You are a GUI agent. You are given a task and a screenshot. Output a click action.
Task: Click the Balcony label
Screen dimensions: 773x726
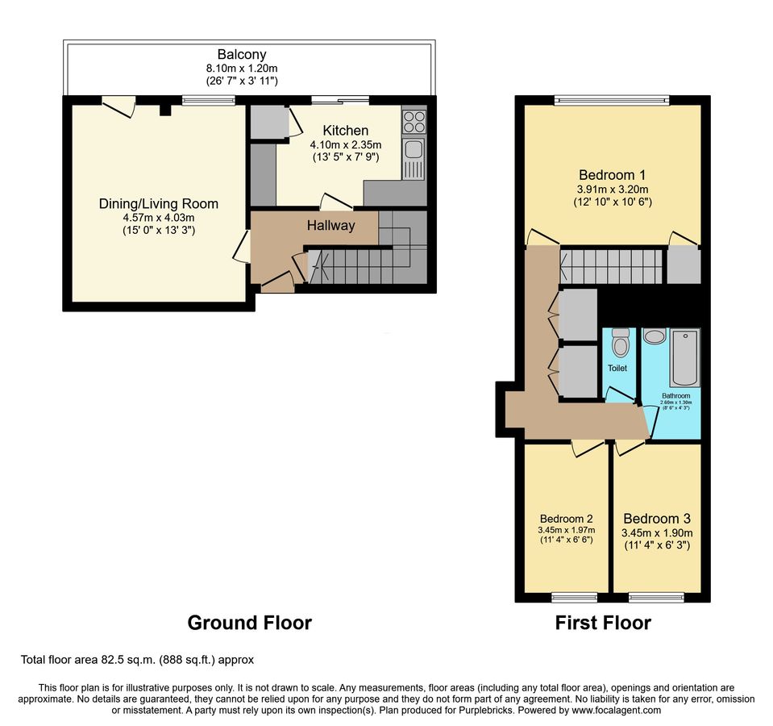coord(242,54)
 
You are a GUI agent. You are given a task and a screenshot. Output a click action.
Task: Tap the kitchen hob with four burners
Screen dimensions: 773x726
coord(414,121)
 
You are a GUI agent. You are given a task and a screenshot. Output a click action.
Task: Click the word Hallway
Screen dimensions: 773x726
coord(330,225)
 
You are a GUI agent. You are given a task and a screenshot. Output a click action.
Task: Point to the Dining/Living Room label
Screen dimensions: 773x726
coord(159,204)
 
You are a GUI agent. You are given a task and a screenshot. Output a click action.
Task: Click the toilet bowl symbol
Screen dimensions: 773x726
coord(620,343)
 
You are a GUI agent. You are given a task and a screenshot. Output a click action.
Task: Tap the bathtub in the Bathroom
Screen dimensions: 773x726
coord(685,357)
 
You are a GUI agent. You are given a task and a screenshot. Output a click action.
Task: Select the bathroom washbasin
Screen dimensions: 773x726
coord(655,337)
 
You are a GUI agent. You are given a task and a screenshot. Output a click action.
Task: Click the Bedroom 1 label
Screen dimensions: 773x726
coord(613,174)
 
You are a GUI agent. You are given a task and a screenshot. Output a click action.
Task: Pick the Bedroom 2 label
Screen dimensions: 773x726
coord(566,519)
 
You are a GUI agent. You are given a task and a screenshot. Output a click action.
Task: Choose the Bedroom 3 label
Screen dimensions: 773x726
coord(657,519)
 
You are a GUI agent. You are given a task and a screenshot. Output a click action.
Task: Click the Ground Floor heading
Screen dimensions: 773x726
coord(249,623)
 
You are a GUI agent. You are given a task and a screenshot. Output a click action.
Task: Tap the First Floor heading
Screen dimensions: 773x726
coord(603,623)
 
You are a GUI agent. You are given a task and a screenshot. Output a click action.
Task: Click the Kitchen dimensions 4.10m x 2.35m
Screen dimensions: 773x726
coord(346,145)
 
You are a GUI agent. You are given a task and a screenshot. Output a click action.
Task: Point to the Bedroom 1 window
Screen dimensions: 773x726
coord(612,101)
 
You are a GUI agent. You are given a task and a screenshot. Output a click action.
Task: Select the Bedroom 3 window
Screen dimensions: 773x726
coord(656,598)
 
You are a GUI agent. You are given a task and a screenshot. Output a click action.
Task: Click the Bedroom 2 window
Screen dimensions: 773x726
coord(575,598)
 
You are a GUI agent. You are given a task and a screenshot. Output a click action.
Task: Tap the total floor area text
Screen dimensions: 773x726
coord(137,659)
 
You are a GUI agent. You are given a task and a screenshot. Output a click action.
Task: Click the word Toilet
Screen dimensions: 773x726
coord(617,368)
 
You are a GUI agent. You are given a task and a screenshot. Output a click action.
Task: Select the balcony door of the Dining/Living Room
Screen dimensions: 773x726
coord(119,106)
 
